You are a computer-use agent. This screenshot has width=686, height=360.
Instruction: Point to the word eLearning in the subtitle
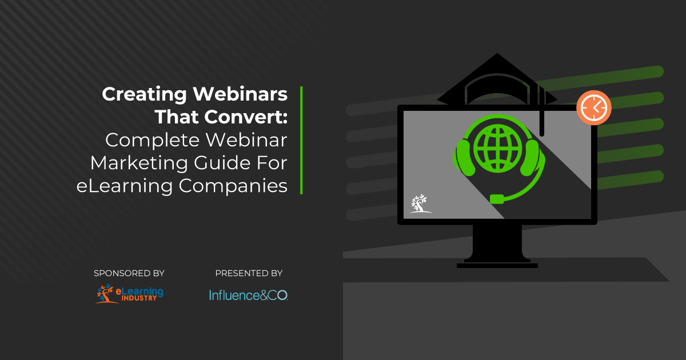116,186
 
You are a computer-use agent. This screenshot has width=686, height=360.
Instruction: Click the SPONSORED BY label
129,274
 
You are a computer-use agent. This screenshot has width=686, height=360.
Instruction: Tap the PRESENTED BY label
249,274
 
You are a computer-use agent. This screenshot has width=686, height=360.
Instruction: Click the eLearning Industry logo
129,294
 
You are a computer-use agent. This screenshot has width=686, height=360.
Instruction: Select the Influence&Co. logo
248,295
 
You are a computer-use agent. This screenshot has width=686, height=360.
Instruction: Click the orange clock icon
594,107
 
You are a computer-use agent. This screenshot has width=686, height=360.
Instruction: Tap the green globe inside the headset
497,143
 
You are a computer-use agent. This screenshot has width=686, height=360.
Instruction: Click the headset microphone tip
497,199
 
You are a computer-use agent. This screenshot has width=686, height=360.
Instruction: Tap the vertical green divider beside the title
301,140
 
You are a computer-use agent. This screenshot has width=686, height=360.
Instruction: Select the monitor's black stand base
497,265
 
